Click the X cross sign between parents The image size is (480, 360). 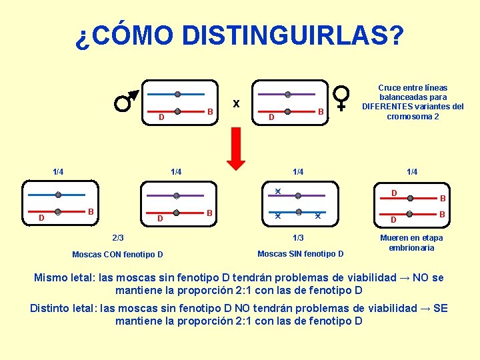(x=236, y=104)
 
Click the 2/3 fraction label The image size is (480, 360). (x=117, y=237)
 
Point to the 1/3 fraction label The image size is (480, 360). (x=298, y=238)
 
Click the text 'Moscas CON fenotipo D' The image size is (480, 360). (x=117, y=254)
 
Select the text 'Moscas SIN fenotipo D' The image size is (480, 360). (x=301, y=253)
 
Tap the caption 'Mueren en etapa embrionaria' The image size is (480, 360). (x=411, y=243)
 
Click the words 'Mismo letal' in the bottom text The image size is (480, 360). (x=64, y=278)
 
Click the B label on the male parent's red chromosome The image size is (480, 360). (x=209, y=111)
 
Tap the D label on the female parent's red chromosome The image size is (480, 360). (x=271, y=118)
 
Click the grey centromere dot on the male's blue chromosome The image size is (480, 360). (x=177, y=94)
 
